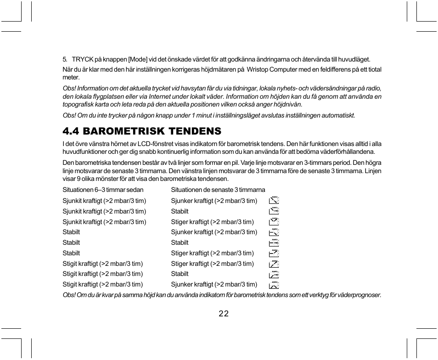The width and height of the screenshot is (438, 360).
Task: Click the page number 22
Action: pyautogui.click(x=224, y=314)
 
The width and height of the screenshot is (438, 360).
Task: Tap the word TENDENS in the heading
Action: pyautogui.click(x=195, y=131)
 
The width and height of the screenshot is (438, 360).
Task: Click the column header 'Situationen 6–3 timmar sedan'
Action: pyautogui.click(x=103, y=190)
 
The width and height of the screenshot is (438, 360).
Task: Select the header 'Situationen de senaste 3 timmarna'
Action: pyautogui.click(x=218, y=190)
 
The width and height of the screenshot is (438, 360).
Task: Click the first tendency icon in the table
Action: pyautogui.click(x=274, y=200)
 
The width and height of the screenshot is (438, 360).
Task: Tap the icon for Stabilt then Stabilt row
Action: pyautogui.click(x=274, y=242)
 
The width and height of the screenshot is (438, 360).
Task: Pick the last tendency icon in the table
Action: pyautogui.click(x=274, y=284)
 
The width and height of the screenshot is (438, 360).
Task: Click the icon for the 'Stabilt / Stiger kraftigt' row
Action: pyautogui.click(x=274, y=253)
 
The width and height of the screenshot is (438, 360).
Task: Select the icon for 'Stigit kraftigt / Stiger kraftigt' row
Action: pyautogui.click(x=274, y=264)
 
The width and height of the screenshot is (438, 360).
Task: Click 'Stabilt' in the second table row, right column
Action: pyautogui.click(x=180, y=211)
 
